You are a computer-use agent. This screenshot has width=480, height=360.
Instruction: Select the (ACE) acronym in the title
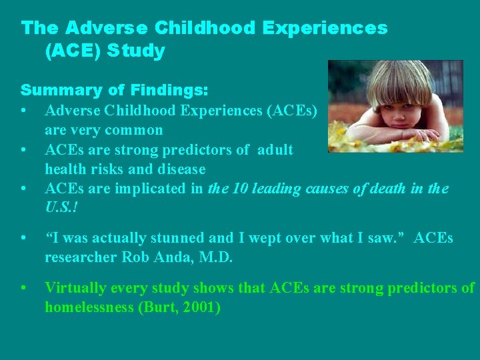[x=71, y=51]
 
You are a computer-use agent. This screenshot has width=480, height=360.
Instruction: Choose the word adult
[x=274, y=149]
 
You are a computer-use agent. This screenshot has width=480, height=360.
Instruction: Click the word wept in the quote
[x=261, y=238]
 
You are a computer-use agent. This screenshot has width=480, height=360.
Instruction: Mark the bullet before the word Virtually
[x=24, y=288]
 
